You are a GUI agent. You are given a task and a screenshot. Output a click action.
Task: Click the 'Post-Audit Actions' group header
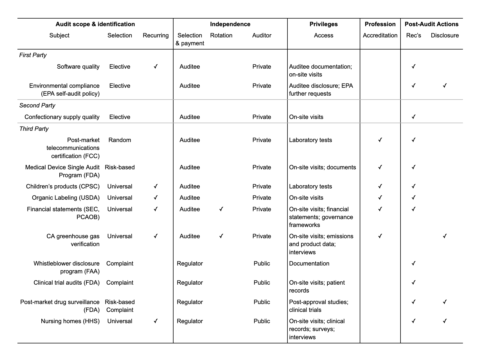(431, 24)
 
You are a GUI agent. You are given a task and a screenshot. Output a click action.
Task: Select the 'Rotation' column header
(221, 35)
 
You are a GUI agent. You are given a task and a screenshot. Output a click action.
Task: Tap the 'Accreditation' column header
(380, 35)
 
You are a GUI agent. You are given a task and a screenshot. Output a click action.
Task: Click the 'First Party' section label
(33, 55)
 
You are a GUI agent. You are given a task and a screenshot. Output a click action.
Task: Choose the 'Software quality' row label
(78, 67)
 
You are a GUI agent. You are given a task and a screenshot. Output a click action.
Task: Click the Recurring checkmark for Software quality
(156, 67)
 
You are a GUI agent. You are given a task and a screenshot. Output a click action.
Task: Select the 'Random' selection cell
(120, 140)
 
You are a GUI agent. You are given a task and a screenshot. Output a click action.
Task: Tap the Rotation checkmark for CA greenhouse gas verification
(221, 236)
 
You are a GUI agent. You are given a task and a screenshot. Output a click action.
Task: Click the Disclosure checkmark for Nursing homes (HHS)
(445, 321)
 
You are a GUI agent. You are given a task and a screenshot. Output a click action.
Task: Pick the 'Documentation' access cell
(309, 264)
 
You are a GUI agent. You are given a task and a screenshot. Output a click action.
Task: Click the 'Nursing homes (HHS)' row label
(70, 321)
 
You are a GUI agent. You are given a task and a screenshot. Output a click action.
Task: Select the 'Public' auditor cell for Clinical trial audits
(262, 283)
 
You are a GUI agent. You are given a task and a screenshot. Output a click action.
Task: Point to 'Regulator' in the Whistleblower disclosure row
(190, 264)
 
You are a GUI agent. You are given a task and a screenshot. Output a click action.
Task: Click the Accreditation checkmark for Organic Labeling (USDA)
(380, 198)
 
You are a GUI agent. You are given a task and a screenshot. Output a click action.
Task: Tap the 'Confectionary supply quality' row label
(62, 117)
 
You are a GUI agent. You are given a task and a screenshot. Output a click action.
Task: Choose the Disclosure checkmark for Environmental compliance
(445, 86)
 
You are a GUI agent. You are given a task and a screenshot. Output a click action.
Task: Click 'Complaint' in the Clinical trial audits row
(120, 283)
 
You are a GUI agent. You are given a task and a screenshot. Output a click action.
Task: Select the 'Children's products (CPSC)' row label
(63, 186)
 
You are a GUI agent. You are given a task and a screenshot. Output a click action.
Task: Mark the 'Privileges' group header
(323, 24)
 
